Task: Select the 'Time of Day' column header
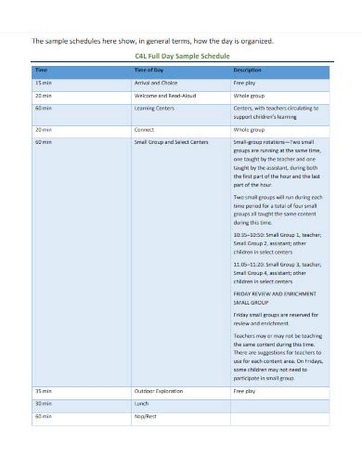point(149,70)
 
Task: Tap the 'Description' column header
point(247,70)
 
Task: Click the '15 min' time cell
point(44,83)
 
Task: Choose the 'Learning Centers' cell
point(153,108)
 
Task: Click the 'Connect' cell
point(144,129)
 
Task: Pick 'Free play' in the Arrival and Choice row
point(247,83)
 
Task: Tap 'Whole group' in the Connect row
point(250,129)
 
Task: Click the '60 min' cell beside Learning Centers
point(44,108)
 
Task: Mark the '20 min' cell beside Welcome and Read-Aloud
point(44,95)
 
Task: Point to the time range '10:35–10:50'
point(252,236)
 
